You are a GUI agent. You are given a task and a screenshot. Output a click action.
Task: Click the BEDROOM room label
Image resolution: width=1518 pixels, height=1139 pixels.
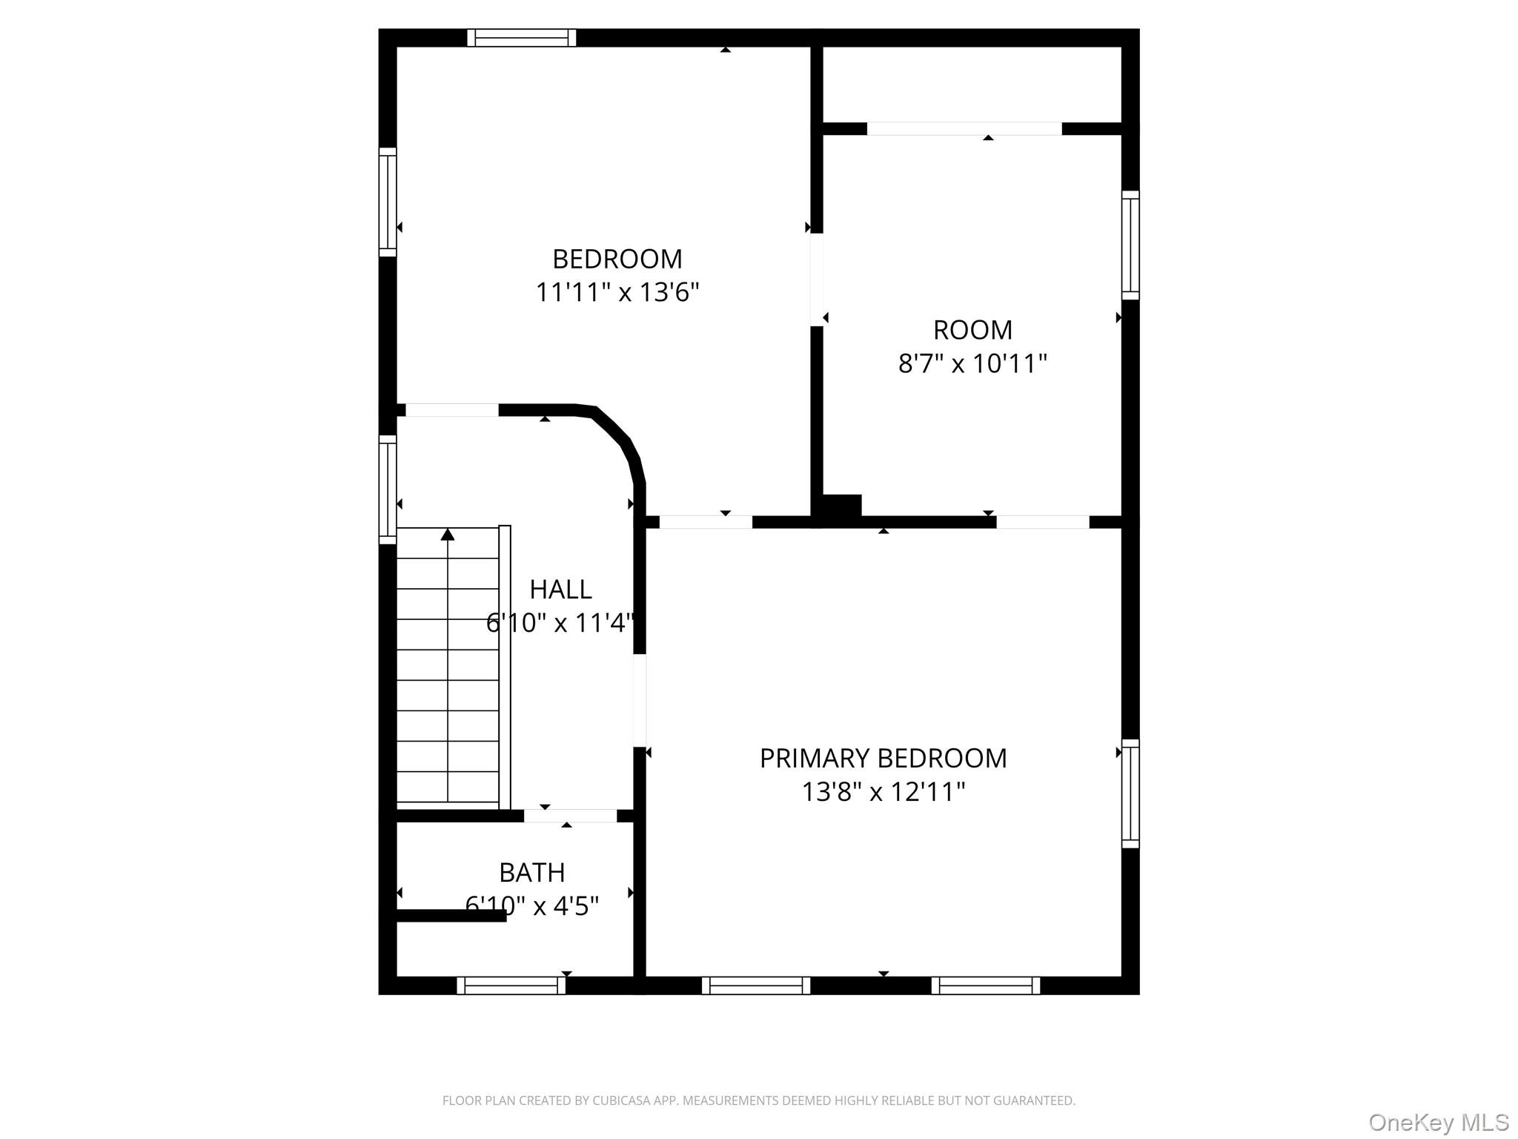point(617,259)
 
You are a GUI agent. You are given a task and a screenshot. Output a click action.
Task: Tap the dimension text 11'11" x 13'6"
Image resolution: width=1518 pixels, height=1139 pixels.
point(617,292)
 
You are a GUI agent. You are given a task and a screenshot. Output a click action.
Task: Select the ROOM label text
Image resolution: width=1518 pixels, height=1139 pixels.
point(972,330)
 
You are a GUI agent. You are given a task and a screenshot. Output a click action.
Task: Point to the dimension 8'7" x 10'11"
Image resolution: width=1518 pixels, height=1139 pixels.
point(972,363)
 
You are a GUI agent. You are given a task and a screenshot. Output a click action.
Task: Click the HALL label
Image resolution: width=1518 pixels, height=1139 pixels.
point(560,590)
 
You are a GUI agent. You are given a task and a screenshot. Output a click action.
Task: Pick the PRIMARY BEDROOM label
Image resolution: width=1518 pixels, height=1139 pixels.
point(883,759)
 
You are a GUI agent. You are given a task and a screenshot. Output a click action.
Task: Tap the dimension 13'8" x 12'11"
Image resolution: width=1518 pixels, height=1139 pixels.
point(883,792)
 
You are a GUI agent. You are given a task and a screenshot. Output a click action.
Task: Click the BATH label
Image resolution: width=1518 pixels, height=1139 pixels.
point(531,873)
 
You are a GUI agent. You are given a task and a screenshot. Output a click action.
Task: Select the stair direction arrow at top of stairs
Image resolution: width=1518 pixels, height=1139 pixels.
point(448,535)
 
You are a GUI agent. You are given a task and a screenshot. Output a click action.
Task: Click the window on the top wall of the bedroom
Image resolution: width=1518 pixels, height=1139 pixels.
point(522,38)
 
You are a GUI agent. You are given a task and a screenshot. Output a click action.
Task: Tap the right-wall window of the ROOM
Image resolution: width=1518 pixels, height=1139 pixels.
point(1130,245)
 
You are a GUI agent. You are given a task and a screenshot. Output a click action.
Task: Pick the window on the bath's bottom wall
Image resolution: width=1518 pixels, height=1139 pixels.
point(511,985)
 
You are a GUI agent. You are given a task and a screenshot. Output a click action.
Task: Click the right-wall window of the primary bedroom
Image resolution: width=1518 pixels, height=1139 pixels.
point(1130,793)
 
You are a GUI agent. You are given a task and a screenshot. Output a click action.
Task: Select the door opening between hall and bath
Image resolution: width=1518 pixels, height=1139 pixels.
point(570,816)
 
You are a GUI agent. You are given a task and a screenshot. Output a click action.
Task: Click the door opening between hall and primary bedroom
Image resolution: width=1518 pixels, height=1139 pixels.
point(639,700)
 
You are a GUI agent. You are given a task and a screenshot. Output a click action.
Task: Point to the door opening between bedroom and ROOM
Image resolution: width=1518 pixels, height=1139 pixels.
point(817,280)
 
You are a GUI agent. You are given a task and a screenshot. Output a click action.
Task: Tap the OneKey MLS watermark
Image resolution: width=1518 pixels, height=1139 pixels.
point(1438,1122)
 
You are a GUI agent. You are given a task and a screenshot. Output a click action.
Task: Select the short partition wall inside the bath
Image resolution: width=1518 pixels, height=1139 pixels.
point(451,916)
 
